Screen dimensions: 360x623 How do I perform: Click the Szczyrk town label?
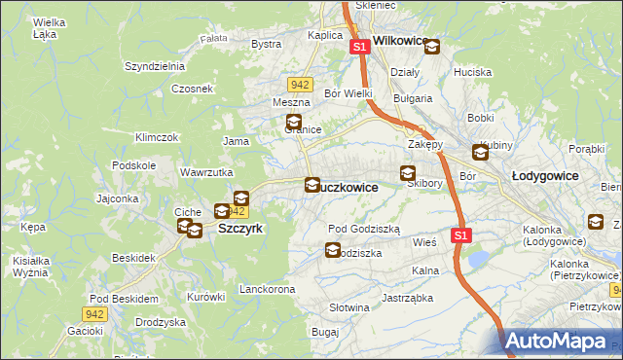tap(239, 228)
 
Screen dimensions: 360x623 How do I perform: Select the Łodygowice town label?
tap(545, 175)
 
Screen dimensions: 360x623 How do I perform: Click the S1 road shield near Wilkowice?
tap(359, 46)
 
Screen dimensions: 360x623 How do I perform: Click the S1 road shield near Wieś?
tap(461, 235)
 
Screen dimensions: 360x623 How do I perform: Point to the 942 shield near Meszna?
tap(300, 85)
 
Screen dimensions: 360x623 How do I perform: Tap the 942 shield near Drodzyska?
tap(93, 313)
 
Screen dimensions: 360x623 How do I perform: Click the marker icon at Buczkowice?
tap(312, 184)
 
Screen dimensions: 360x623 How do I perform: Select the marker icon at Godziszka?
tap(332, 250)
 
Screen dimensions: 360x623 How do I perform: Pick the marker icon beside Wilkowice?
tap(431, 46)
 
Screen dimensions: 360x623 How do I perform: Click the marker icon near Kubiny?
tap(481, 152)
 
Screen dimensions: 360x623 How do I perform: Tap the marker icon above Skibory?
tap(408, 174)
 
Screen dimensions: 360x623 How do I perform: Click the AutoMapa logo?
tap(558, 341)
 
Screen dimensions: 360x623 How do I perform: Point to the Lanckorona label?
tap(267, 290)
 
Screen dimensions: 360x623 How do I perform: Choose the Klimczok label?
tap(157, 137)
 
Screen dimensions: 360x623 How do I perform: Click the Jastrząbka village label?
tap(407, 298)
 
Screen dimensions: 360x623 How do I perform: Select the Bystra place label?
tap(266, 44)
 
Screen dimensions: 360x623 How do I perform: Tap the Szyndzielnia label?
tap(154, 66)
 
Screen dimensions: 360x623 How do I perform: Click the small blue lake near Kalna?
tap(479, 260)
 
